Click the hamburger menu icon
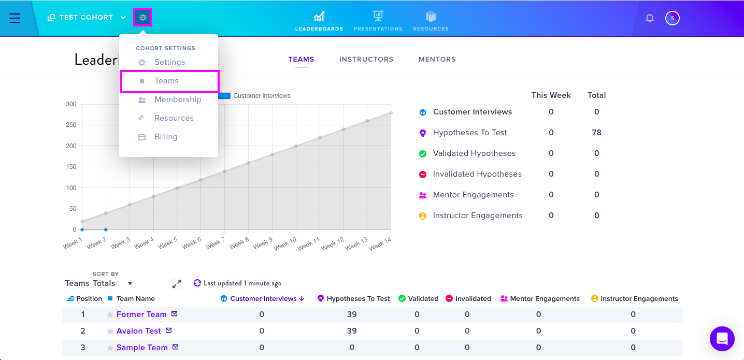[x=15, y=18]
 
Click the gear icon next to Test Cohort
[x=143, y=17]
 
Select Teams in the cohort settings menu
[x=166, y=81]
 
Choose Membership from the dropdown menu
[x=178, y=99]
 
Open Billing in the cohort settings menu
[x=166, y=137]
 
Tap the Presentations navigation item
[x=378, y=21]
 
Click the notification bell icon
[x=650, y=18]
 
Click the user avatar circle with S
[x=673, y=18]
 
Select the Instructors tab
[x=366, y=59]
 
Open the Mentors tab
[x=437, y=59]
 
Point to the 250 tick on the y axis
[x=71, y=125]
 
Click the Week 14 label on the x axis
[x=380, y=244]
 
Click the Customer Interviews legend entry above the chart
[x=254, y=96]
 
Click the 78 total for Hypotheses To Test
[x=596, y=133]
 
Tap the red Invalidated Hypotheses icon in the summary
[x=422, y=175]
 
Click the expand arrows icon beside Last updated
[x=177, y=284]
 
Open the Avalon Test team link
[x=138, y=331]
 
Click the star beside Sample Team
[x=110, y=348]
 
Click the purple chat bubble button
[x=722, y=339]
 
